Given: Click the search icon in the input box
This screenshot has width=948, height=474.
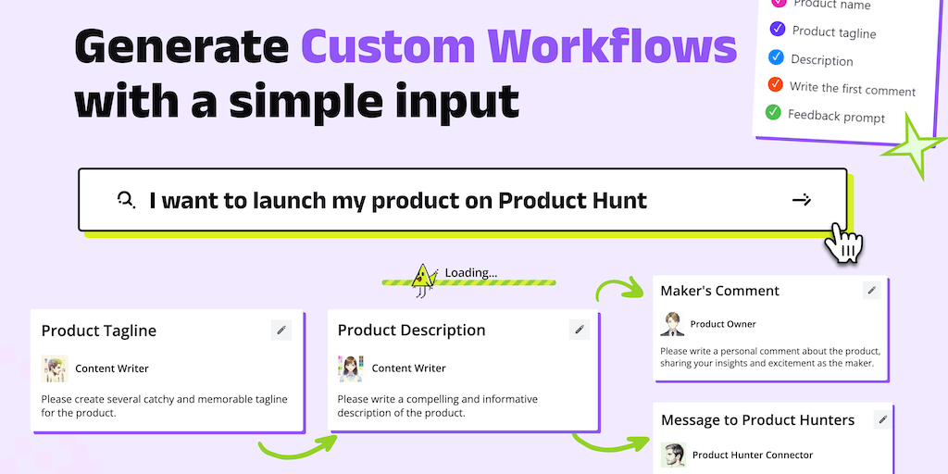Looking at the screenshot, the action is [x=126, y=199].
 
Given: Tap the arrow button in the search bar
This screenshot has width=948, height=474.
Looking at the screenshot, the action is [x=801, y=200].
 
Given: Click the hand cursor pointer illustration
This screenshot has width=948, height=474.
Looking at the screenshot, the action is [x=842, y=243].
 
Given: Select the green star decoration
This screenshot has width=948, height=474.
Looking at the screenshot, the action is [x=913, y=146].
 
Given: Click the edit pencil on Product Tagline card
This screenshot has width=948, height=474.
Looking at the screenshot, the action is [x=281, y=331].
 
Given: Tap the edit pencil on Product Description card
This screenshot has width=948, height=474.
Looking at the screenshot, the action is [x=580, y=330].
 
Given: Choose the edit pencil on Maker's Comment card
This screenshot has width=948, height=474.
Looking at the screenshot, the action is [x=871, y=290].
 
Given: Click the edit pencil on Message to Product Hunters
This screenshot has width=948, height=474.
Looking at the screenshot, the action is [x=882, y=419].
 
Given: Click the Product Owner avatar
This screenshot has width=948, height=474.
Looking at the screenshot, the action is [x=672, y=323].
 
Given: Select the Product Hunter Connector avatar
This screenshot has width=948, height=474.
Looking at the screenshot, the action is [x=673, y=455].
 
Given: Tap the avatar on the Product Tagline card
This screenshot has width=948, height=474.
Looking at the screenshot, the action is [x=55, y=368].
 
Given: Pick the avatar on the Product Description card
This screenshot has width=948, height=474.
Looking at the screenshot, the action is [x=351, y=368].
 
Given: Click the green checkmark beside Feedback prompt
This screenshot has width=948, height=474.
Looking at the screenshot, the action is [x=773, y=112].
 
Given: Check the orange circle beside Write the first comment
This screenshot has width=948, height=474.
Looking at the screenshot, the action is [x=775, y=84].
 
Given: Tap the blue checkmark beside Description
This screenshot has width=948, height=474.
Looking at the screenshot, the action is [x=776, y=57].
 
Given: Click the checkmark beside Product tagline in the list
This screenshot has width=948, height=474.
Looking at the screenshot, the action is [x=778, y=29].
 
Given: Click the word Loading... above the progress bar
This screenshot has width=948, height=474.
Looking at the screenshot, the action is [x=471, y=273].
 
